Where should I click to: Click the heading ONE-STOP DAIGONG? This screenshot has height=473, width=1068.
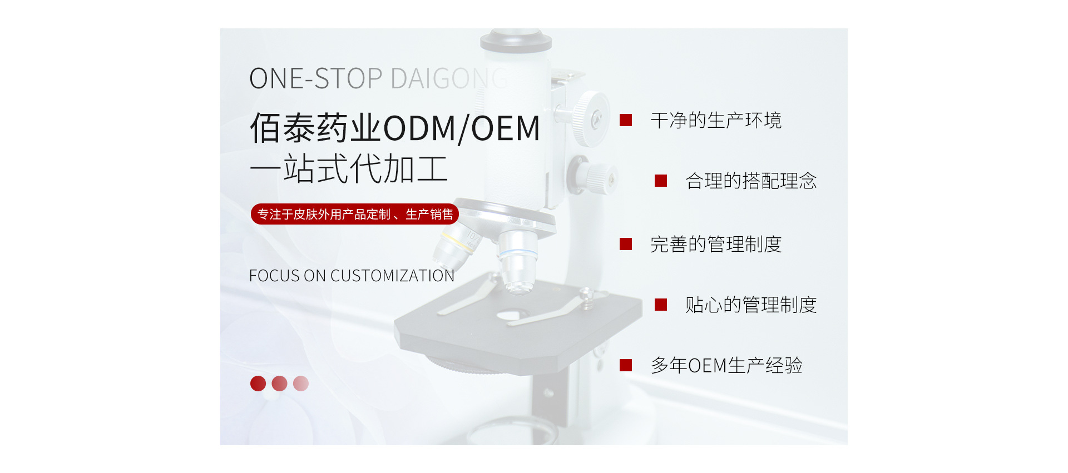coord(378,78)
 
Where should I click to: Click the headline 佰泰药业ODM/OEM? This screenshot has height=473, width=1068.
coord(395,128)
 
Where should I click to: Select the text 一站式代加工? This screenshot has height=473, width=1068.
coord(349,168)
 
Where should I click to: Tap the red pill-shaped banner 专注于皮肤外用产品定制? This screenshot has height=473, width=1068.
coord(355,214)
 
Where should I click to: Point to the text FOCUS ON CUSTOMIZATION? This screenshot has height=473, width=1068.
coord(352,276)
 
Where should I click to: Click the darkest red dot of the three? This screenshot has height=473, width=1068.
coord(258,384)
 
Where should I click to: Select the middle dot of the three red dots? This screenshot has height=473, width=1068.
coord(279,384)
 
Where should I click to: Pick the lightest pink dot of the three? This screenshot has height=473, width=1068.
coord(301,384)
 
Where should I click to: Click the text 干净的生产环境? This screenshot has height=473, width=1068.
coord(716,120)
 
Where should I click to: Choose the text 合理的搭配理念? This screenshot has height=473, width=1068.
coord(751,181)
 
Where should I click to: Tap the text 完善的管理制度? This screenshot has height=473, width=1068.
coord(716,244)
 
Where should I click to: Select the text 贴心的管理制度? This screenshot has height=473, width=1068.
coord(751,305)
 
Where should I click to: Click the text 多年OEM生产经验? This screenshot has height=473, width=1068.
coord(726,365)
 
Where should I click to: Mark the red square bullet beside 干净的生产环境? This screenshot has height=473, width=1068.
coord(626,120)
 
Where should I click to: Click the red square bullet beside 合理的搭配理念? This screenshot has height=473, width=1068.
coord(661,181)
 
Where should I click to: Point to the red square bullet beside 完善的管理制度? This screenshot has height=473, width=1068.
coord(626,244)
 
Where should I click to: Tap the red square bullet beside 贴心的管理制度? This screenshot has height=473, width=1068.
coord(661,305)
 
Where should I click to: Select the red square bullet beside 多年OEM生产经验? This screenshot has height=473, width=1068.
coord(626,365)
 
